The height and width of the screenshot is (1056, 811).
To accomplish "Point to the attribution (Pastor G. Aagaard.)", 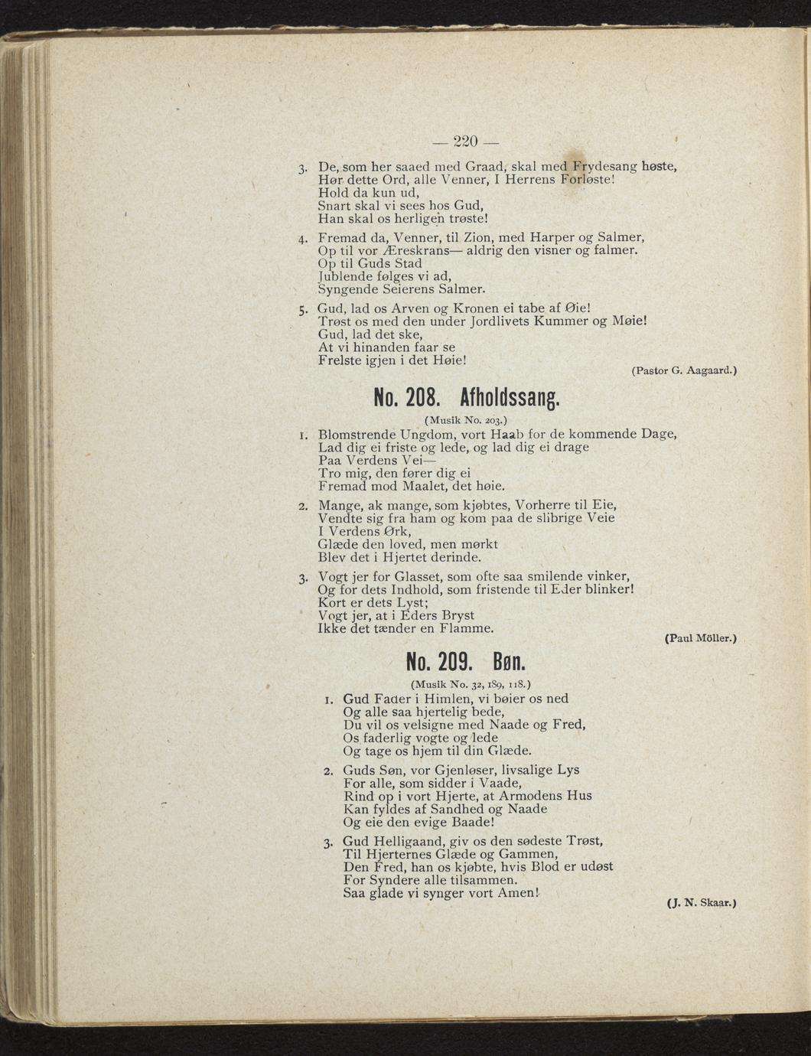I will pos(683,370).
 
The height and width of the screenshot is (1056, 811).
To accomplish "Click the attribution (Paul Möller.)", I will pos(700,637).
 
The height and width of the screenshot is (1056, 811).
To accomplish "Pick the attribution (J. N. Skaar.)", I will pos(701,903).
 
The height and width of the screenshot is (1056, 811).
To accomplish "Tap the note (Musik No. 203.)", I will pos(465,420).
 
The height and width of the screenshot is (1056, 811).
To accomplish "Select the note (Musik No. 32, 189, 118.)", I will pos(471,683).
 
